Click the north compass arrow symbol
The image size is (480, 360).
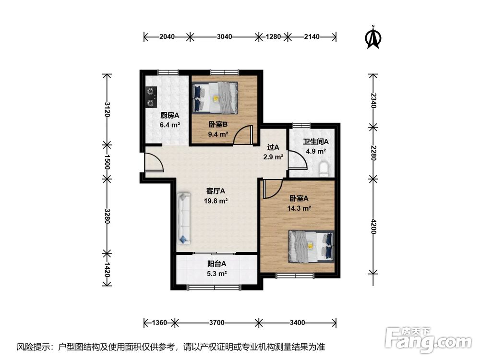pyautogui.click(x=373, y=37)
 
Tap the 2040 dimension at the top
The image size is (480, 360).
pyautogui.click(x=167, y=37)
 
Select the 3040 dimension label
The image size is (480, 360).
pyautogui.click(x=224, y=37)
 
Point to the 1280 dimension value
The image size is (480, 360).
pyautogui.click(x=273, y=37)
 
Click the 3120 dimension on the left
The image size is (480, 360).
pyautogui.click(x=107, y=109)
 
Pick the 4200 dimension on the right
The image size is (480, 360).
pyautogui.click(x=373, y=226)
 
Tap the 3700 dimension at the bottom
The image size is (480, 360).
pyautogui.click(x=217, y=323)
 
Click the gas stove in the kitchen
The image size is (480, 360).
pyautogui.click(x=151, y=97)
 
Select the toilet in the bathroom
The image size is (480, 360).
pyautogui.click(x=324, y=169)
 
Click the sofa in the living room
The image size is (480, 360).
pyautogui.click(x=184, y=218)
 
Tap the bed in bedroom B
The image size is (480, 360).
pyautogui.click(x=216, y=97)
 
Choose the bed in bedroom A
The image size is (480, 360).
pyautogui.click(x=311, y=247)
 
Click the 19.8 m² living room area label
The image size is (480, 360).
pyautogui.click(x=216, y=201)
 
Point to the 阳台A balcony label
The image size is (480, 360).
pyautogui.click(x=217, y=264)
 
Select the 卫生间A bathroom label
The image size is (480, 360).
pyautogui.click(x=316, y=142)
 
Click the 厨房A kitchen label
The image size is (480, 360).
pyautogui.click(x=169, y=115)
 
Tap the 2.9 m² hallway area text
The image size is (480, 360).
pyautogui.click(x=273, y=157)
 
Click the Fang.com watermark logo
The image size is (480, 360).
pyautogui.click(x=429, y=340)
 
